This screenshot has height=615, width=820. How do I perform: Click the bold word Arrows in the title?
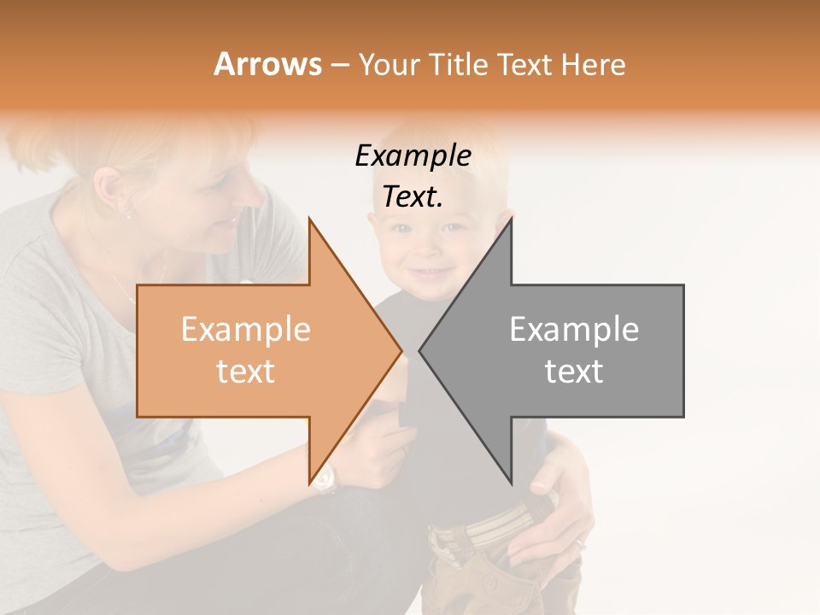(x=267, y=64)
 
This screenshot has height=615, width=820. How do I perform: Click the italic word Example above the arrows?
(x=413, y=156)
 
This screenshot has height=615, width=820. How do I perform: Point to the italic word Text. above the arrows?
(x=413, y=197)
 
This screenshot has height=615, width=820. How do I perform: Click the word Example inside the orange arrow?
(x=246, y=330)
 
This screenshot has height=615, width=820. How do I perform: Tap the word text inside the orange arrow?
(x=246, y=372)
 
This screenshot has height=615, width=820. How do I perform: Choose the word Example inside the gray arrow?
(x=574, y=330)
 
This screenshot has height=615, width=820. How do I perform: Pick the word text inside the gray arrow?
(x=574, y=372)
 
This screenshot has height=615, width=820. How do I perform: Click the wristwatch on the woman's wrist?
(x=325, y=480)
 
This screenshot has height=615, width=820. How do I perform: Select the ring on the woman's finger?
(x=579, y=543)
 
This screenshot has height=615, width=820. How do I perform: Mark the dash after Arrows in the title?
(x=339, y=65)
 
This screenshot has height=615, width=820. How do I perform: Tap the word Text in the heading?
(x=525, y=64)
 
